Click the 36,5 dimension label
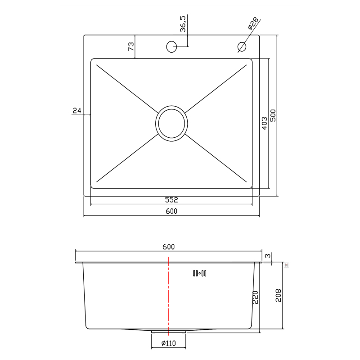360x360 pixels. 183,24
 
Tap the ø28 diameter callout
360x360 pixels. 253,23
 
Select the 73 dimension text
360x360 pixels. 131,46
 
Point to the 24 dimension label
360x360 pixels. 76,110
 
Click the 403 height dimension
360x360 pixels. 264,123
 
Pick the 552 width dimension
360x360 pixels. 171,200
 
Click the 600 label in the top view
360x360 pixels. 171,211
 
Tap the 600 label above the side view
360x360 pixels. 168,247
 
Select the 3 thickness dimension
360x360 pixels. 268,256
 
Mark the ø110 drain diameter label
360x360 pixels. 168,344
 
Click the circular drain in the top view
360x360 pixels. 171,123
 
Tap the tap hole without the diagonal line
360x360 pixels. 171,46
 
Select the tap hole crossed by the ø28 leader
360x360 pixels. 242,46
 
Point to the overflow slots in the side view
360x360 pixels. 199,273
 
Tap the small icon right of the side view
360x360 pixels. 286,265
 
